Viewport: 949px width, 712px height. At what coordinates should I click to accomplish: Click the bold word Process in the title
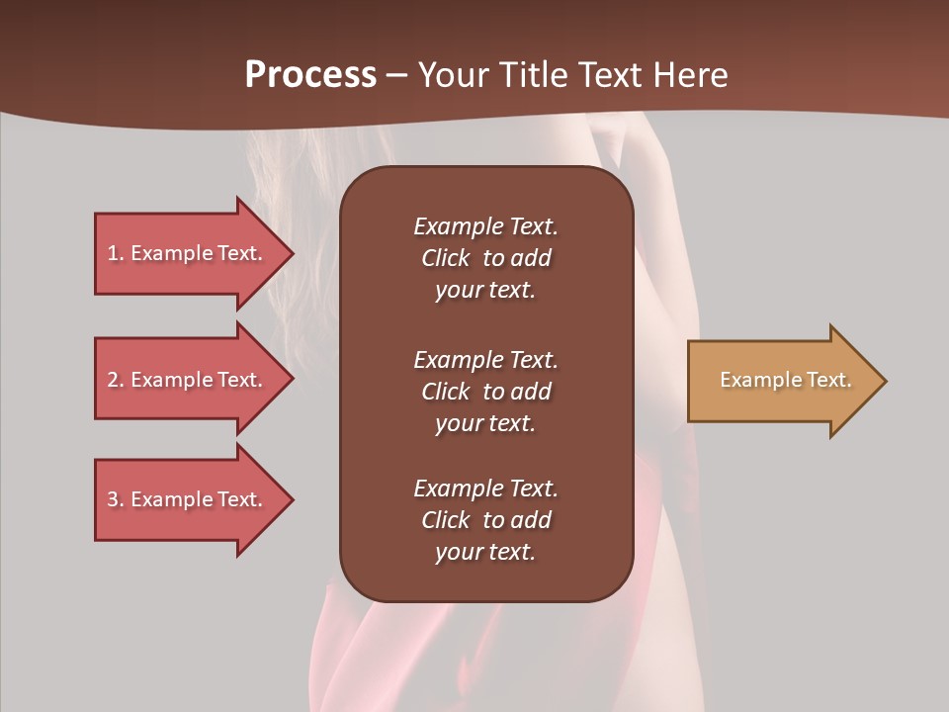310,74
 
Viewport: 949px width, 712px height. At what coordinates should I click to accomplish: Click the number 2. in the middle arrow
116,380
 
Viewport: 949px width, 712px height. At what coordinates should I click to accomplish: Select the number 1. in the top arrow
116,253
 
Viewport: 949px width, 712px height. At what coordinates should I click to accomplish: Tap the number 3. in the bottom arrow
116,499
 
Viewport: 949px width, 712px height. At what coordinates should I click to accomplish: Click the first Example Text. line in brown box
485,226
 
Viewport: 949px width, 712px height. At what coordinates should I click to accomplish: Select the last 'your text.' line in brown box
485,552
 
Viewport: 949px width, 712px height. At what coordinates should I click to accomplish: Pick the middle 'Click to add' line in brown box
485,392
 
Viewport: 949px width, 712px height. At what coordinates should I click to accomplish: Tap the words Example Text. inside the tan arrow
785,380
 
